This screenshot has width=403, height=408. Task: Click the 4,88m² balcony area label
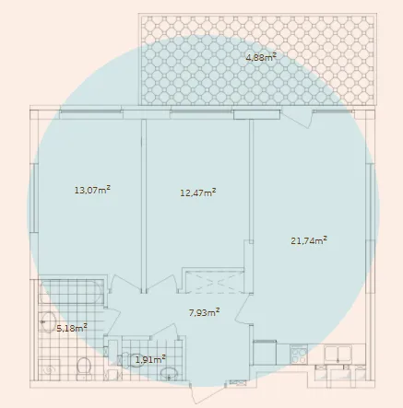261,57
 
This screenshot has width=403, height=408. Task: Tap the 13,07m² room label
92,190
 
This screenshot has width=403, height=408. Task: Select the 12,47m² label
197,192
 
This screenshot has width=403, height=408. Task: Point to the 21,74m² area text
309,240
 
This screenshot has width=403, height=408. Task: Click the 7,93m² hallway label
204,312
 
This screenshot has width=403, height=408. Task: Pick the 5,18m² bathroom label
72,328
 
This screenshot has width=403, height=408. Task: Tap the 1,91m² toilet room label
150,359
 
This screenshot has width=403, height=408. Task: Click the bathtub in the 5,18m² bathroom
71,292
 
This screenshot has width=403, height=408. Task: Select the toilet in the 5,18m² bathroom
84,367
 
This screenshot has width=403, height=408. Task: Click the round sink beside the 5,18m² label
47,322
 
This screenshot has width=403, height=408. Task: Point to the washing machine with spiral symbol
49,369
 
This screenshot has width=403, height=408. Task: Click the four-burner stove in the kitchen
299,355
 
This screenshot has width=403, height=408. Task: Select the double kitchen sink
338,354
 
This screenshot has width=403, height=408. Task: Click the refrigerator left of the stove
265,353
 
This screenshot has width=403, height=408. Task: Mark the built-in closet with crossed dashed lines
213,281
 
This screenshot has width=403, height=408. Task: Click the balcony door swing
297,118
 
